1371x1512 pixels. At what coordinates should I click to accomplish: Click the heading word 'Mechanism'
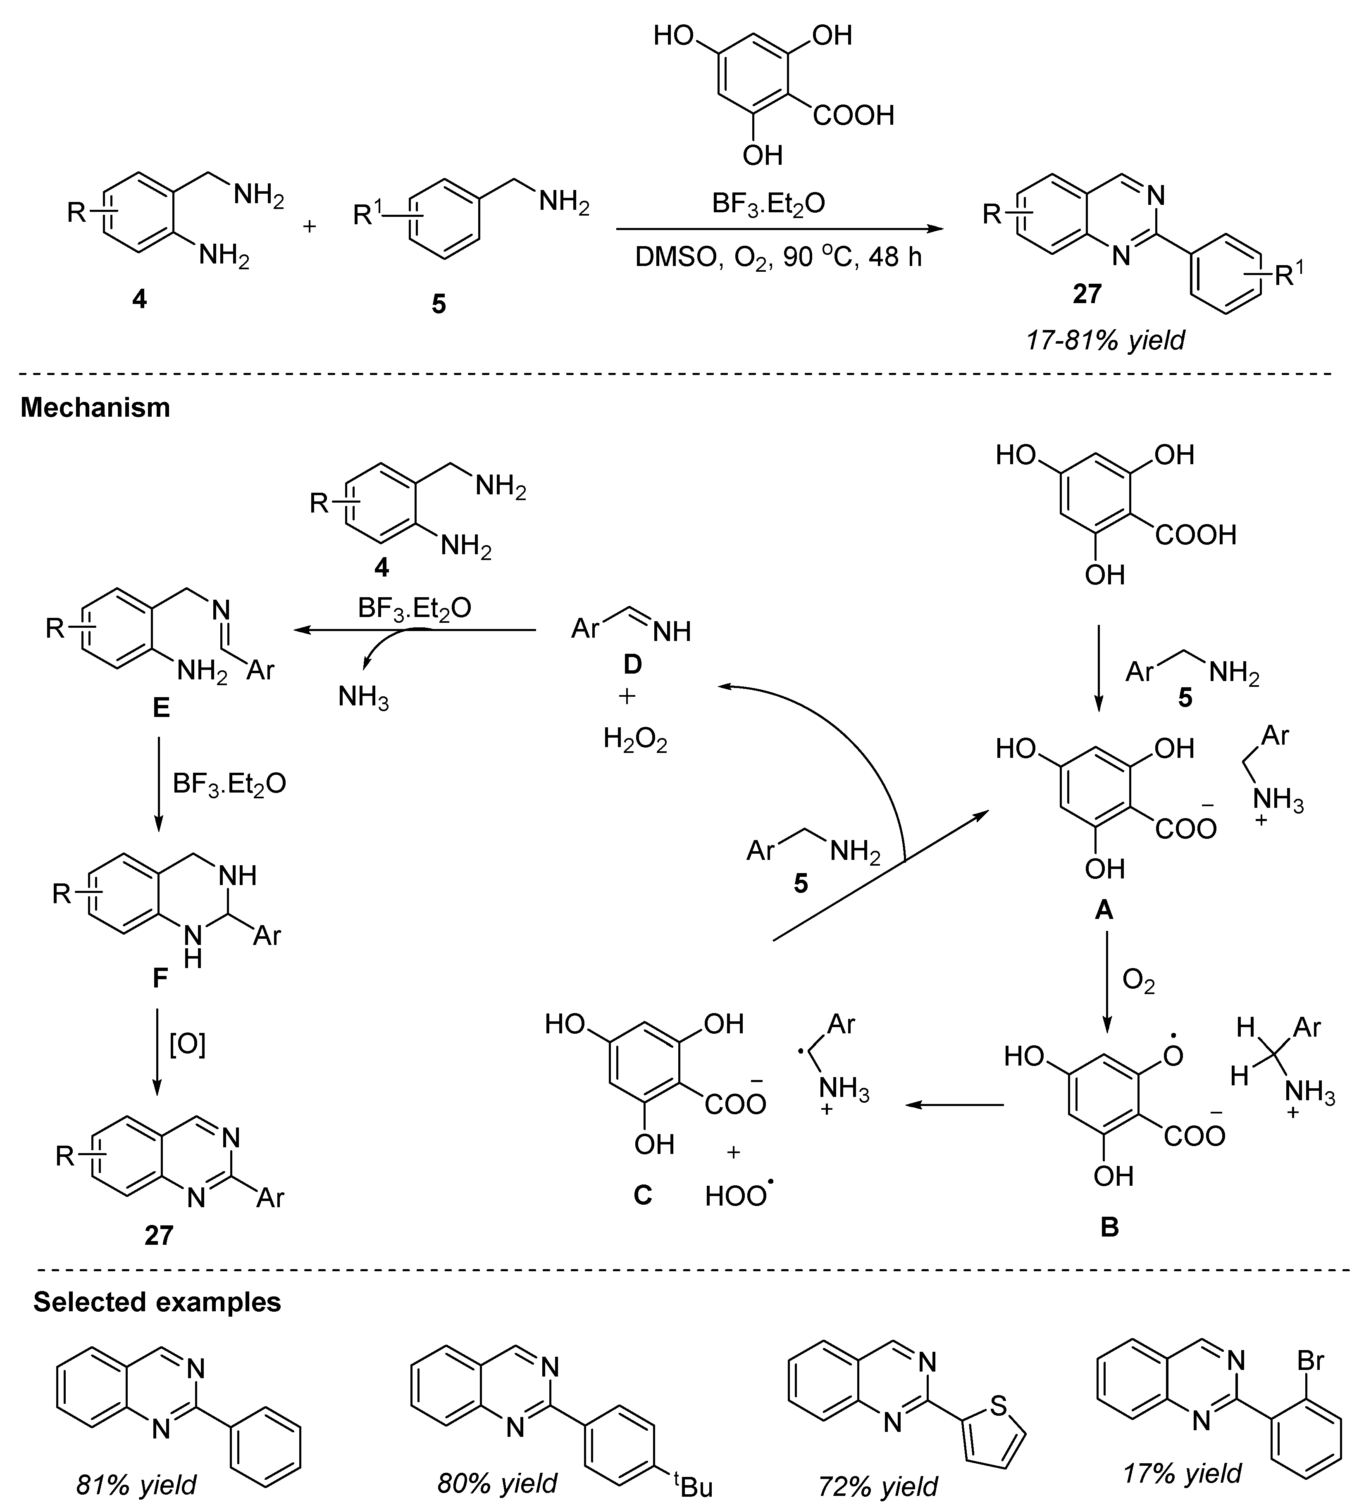95,407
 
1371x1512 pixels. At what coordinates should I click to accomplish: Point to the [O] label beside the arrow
188,1044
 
